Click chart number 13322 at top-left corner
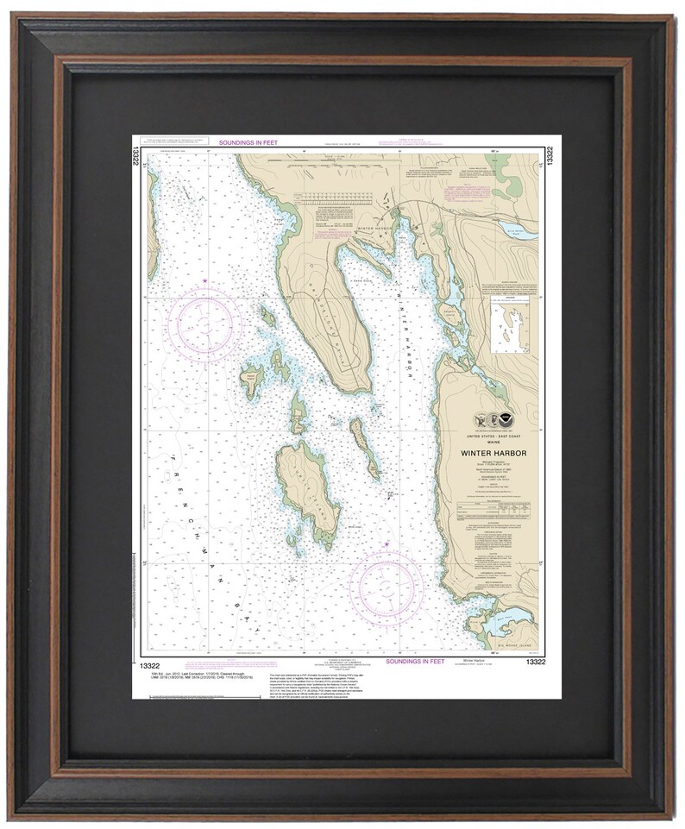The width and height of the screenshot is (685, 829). [x=136, y=155]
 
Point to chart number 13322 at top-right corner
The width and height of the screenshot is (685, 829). [x=548, y=155]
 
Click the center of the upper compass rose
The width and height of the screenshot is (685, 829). [x=204, y=323]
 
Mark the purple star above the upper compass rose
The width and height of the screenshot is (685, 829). [x=204, y=281]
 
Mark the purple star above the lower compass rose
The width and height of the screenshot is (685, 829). [x=387, y=543]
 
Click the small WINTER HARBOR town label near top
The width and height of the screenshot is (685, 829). [x=376, y=227]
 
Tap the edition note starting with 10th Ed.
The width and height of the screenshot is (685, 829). [x=160, y=671]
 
